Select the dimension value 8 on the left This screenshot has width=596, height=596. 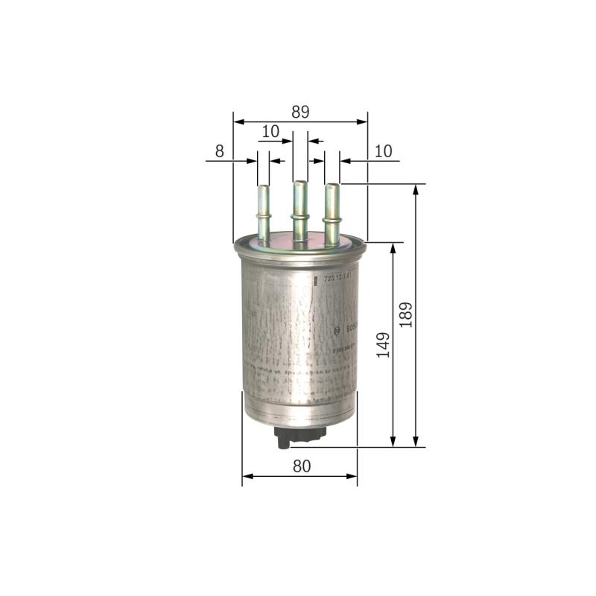(219, 150)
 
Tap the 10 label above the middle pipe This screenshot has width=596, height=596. (270, 131)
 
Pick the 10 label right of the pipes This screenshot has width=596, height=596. (383, 150)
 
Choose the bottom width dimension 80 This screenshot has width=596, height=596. (301, 466)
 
